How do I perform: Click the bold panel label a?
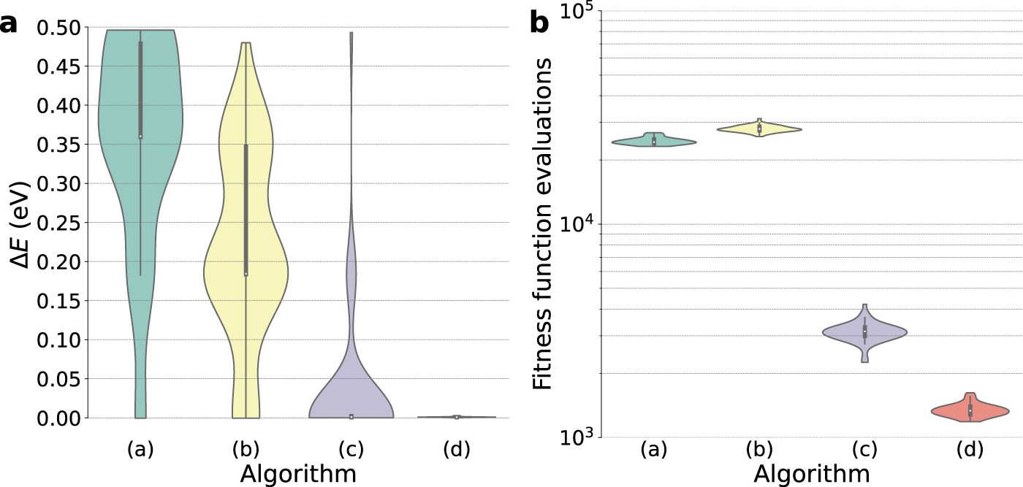[9, 24]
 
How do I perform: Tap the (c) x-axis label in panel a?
[351, 449]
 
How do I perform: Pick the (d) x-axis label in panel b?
[970, 449]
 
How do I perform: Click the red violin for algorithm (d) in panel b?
[970, 410]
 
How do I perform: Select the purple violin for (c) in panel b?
[864, 332]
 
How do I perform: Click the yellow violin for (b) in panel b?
[759, 129]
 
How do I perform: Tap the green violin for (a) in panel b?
[654, 141]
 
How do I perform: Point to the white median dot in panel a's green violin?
[140, 137]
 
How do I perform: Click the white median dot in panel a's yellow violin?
[246, 274]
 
